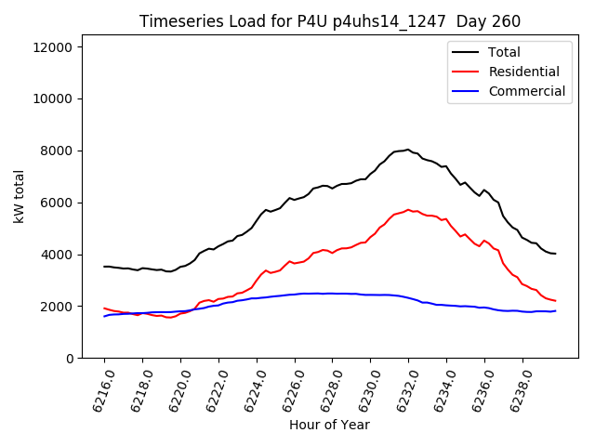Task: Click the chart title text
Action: [x=330, y=21]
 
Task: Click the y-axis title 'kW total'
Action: [x=20, y=202]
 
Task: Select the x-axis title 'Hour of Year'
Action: [x=329, y=425]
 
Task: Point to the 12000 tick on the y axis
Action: [x=63, y=47]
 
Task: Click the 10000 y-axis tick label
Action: [x=63, y=99]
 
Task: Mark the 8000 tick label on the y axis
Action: [x=67, y=151]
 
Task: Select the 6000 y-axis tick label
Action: [x=67, y=203]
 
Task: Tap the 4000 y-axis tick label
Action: [x=67, y=255]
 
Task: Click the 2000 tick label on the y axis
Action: [x=67, y=307]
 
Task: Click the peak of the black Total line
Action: [x=407, y=150]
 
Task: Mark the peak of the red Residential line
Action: [x=408, y=210]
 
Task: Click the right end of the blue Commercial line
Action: [x=555, y=310]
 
